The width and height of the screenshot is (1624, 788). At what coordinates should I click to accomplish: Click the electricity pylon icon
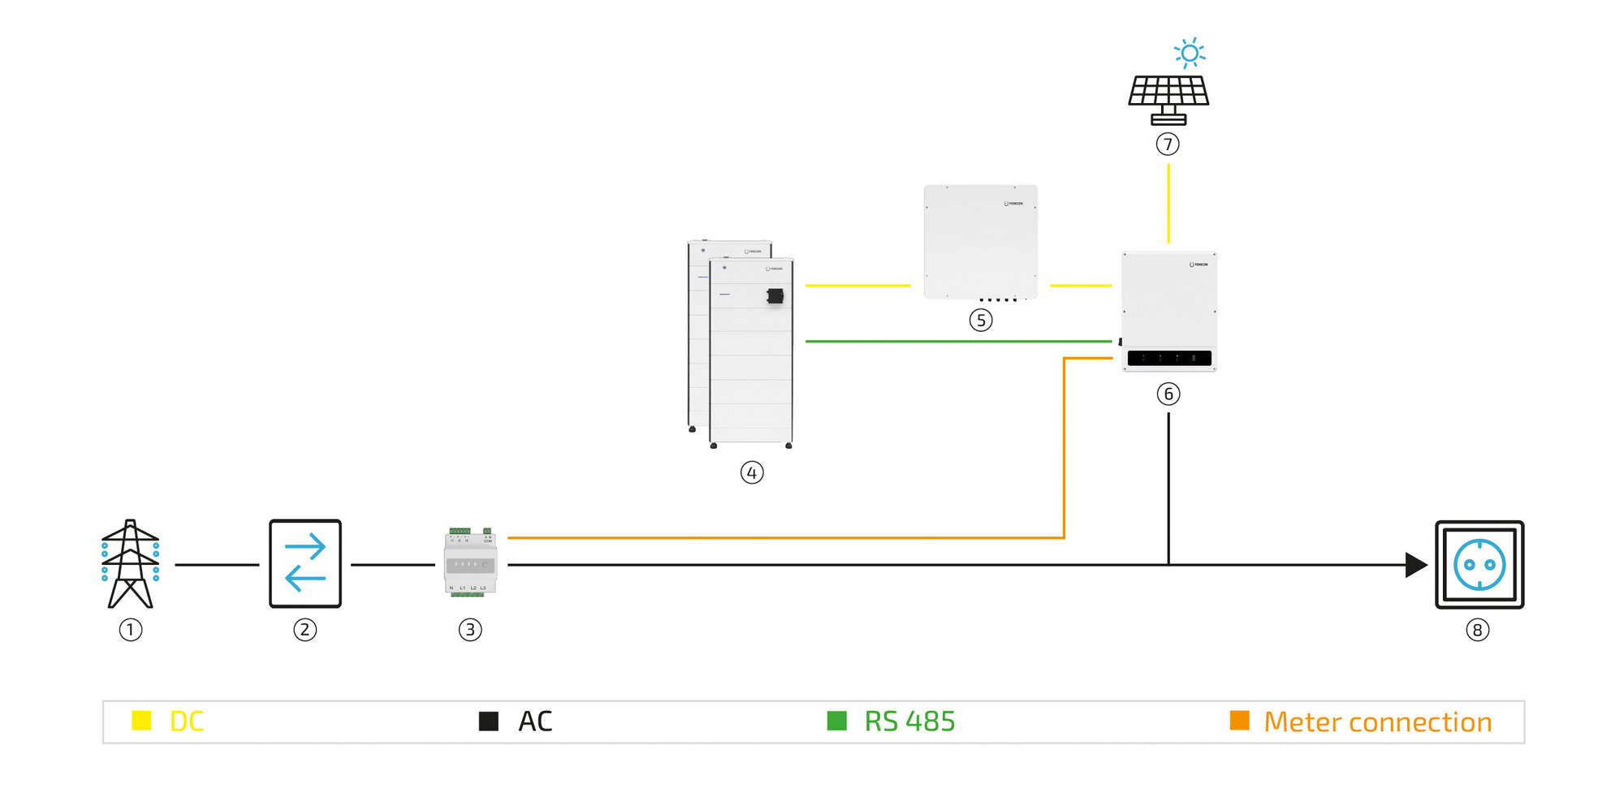click(x=130, y=564)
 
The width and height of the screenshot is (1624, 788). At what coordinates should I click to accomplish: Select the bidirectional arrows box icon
click(x=305, y=564)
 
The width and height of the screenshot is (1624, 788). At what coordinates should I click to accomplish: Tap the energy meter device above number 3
click(x=470, y=563)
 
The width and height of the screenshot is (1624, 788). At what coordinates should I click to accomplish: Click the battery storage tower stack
click(x=741, y=345)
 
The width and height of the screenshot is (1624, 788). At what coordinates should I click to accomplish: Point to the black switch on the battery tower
click(x=775, y=296)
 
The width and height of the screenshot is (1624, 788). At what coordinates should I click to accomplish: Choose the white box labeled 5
click(x=981, y=242)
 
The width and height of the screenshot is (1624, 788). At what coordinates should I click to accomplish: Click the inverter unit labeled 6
click(x=1169, y=311)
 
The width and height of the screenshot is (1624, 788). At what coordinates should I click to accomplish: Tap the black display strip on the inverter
click(x=1169, y=358)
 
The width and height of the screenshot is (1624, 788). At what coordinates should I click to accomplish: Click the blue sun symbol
click(x=1190, y=54)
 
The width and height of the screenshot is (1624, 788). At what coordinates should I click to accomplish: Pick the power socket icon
click(x=1479, y=565)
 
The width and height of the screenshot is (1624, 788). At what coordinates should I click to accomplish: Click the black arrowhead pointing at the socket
click(x=1415, y=565)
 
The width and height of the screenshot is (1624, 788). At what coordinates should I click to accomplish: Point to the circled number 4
click(x=752, y=472)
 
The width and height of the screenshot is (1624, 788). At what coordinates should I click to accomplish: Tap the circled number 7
click(x=1168, y=144)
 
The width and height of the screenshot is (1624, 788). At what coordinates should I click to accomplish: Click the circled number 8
click(x=1477, y=630)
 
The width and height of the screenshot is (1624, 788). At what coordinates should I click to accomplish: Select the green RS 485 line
click(x=958, y=342)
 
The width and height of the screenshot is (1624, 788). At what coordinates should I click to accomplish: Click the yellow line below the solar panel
click(x=1168, y=203)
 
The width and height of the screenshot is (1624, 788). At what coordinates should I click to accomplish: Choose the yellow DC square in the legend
click(x=141, y=721)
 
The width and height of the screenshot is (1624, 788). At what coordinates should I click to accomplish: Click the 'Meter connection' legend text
click(x=1377, y=721)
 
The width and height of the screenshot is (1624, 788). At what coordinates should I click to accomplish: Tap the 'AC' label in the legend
click(x=535, y=721)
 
